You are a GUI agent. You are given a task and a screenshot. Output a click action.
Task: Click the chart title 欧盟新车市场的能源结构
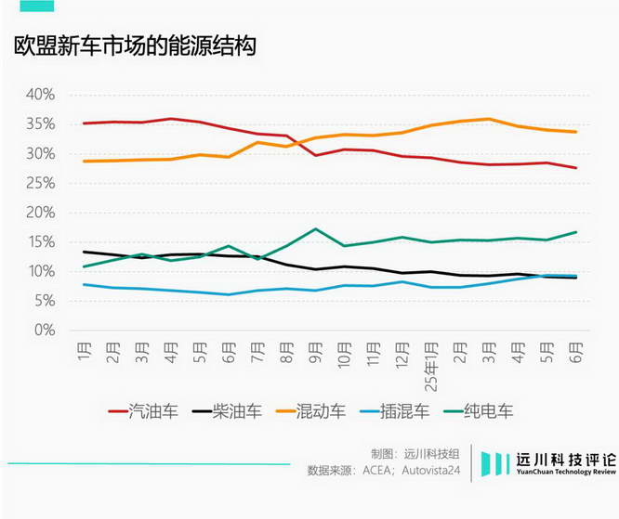pyautogui.click(x=135, y=47)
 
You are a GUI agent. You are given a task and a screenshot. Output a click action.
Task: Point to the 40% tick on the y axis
pyautogui.click(x=42, y=95)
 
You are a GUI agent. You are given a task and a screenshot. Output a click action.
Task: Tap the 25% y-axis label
pyautogui.click(x=42, y=183)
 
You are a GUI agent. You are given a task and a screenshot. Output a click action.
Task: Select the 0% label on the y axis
pyautogui.click(x=46, y=330)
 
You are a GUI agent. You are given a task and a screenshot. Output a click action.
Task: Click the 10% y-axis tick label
pyautogui.click(x=42, y=271)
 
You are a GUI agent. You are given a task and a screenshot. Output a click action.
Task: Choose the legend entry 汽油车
pyautogui.click(x=144, y=410)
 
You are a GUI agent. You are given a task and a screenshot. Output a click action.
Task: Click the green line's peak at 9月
pyautogui.click(x=316, y=228)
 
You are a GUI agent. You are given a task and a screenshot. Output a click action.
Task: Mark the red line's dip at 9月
pyautogui.click(x=316, y=155)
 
